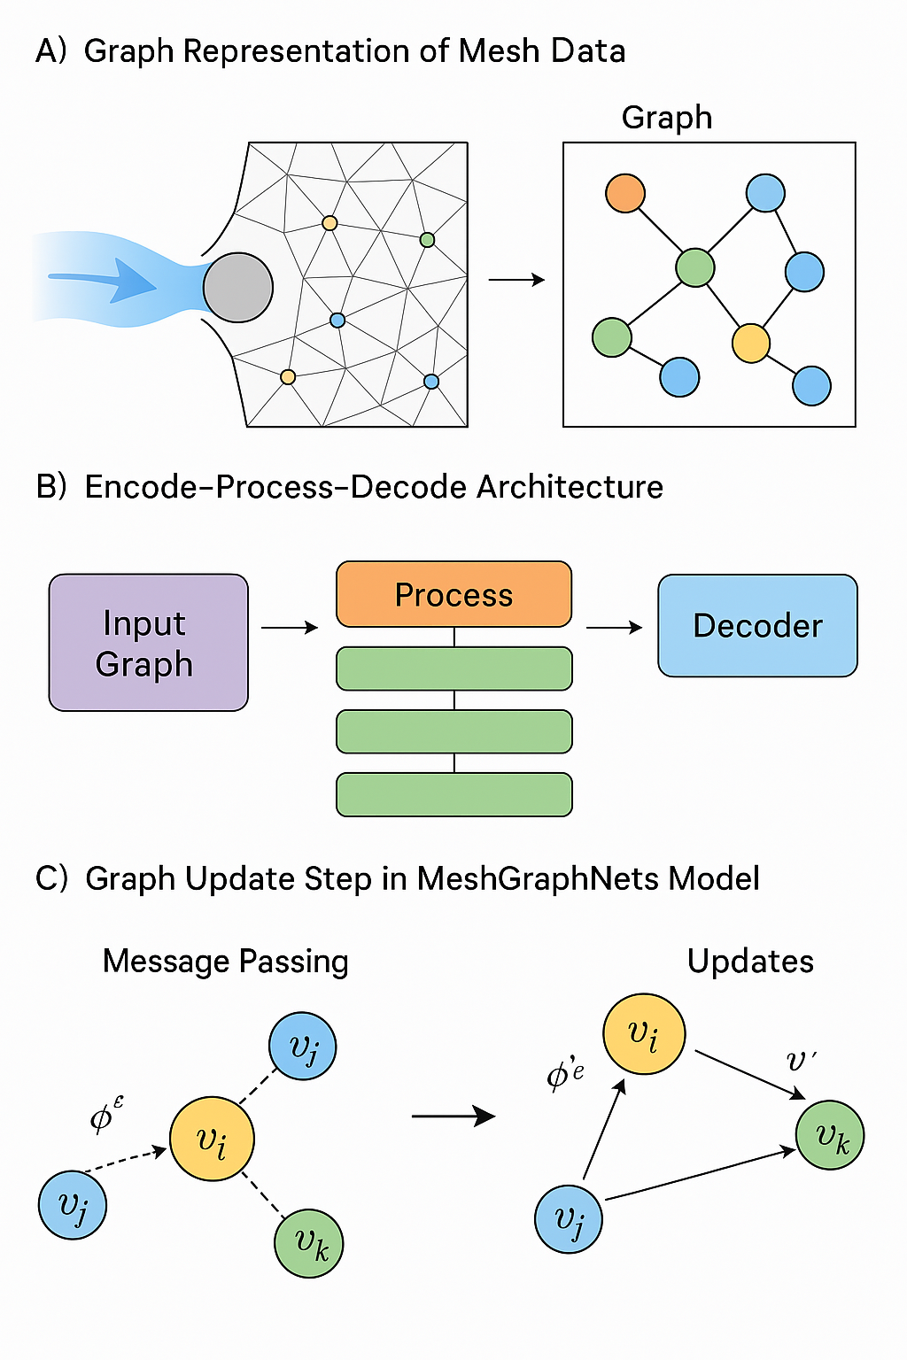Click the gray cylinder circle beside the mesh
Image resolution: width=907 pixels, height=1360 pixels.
click(237, 287)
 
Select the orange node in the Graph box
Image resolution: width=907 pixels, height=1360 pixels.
click(625, 193)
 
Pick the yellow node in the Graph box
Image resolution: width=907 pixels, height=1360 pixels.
click(751, 344)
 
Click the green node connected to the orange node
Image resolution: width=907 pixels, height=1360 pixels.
click(694, 267)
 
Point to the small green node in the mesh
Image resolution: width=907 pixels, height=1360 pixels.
click(427, 240)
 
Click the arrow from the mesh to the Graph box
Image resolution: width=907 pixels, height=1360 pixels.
click(516, 280)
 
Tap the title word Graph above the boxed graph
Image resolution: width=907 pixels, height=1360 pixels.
click(666, 118)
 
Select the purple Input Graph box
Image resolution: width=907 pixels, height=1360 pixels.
click(148, 643)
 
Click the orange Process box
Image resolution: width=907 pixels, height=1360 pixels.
click(453, 594)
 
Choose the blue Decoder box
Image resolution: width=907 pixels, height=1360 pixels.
click(757, 625)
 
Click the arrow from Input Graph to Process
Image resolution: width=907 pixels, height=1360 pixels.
click(290, 628)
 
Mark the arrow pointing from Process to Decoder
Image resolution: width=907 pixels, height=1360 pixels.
click(614, 628)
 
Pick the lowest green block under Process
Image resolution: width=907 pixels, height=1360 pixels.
click(453, 794)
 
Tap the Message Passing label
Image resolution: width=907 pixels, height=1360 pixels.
click(225, 962)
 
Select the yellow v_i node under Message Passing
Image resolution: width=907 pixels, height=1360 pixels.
click(212, 1140)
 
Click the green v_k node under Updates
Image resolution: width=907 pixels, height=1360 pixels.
click(830, 1135)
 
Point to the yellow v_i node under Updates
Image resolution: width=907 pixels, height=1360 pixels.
click(644, 1034)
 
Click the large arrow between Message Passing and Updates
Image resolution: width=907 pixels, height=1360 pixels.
click(453, 1116)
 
